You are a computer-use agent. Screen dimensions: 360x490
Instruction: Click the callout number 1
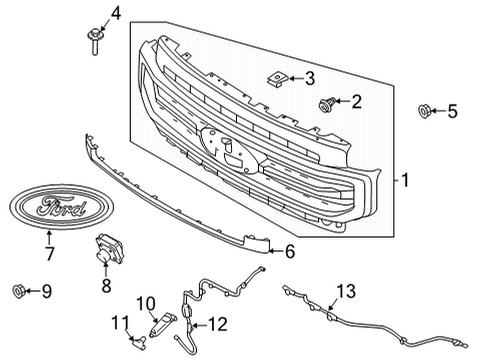405,180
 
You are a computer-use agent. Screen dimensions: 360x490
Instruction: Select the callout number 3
309,77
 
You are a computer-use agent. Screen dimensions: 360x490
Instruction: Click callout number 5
452,111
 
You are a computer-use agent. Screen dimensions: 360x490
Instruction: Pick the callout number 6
289,252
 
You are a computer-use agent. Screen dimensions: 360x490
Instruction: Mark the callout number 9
46,291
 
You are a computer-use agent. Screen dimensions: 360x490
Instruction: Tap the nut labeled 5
424,111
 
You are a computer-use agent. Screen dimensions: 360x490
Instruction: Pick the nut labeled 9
17,291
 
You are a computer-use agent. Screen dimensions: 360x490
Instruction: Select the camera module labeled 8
107,253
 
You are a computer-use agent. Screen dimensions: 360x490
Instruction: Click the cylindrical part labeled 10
161,326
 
